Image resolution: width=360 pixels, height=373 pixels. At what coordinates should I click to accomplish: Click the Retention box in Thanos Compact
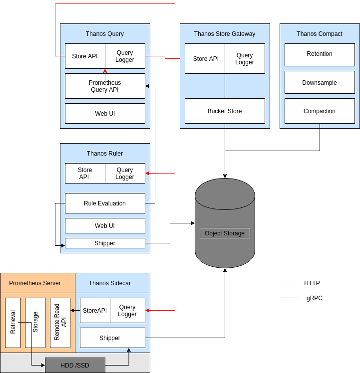click(x=320, y=54)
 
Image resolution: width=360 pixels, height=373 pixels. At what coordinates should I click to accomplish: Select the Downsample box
click(x=320, y=83)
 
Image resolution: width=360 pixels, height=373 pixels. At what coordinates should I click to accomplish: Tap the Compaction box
click(x=320, y=111)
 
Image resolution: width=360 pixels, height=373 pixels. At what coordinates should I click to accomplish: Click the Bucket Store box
click(x=225, y=111)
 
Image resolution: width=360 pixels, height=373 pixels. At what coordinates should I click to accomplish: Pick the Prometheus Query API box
click(x=105, y=86)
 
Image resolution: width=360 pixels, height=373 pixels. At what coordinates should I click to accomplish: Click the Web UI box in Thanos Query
click(x=105, y=114)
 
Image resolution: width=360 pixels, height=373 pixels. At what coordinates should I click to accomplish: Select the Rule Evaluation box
click(x=105, y=203)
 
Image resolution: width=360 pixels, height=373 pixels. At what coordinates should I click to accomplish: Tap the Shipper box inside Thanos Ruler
click(x=105, y=243)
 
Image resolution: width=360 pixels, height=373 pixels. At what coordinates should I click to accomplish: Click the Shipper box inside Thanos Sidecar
click(x=112, y=338)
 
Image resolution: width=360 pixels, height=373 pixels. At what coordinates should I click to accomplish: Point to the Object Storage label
click(x=225, y=233)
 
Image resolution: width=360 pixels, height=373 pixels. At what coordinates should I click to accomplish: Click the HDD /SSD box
click(x=75, y=366)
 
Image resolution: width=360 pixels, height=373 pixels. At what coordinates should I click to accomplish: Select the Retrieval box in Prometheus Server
click(x=13, y=323)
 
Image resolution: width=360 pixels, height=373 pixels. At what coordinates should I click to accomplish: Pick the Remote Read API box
click(x=60, y=323)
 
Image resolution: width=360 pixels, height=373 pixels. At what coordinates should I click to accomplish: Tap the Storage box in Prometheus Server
click(x=35, y=323)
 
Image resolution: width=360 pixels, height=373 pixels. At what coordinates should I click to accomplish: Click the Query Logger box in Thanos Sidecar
click(x=127, y=311)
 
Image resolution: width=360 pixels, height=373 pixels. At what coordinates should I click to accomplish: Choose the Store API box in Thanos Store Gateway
click(x=205, y=59)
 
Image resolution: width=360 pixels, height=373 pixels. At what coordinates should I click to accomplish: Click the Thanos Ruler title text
click(x=105, y=154)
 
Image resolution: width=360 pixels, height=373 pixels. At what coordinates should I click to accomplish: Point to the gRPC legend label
click(x=315, y=298)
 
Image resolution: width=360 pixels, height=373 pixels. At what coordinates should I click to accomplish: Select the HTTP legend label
click(x=312, y=283)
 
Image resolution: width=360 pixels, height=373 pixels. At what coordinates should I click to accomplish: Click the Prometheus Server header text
click(x=35, y=283)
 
